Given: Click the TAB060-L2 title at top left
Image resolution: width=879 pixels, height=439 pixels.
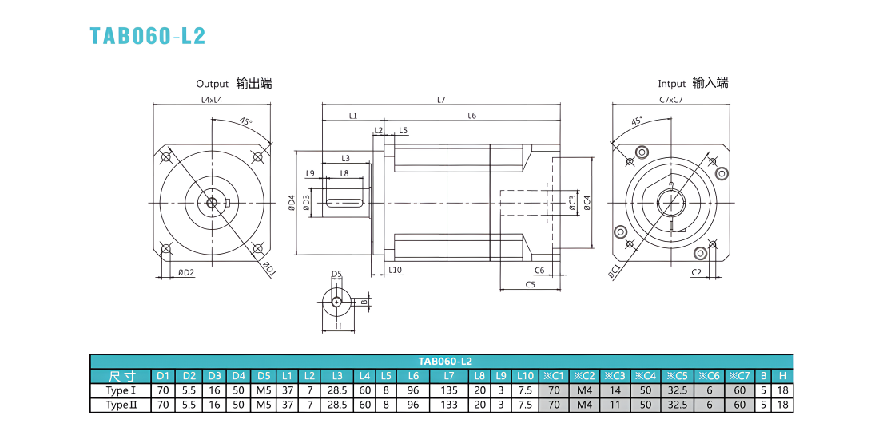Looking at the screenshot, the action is [148, 35].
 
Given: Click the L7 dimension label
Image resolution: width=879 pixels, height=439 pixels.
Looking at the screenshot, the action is [441, 100].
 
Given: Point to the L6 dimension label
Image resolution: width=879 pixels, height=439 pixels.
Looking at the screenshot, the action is [471, 116].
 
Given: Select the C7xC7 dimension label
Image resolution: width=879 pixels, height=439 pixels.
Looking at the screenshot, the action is [670, 100].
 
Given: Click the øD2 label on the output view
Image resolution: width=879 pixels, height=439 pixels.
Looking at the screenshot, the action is [186, 272].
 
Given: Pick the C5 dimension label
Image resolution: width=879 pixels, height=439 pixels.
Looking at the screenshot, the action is [531, 284].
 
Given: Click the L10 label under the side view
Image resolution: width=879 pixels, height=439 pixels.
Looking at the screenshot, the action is [396, 270].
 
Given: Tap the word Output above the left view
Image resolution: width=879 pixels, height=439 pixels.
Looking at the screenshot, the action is [212, 84].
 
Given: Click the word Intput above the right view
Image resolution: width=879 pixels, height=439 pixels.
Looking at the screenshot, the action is [671, 84].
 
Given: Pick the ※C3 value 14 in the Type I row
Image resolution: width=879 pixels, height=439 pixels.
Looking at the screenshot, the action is [615, 390].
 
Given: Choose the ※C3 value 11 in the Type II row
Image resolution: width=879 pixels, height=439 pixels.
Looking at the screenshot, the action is [615, 405].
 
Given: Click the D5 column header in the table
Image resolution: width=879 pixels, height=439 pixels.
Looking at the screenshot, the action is [264, 376].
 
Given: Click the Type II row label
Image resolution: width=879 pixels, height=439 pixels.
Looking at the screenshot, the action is [121, 405].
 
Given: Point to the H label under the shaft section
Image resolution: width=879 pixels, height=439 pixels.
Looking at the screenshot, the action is [338, 326].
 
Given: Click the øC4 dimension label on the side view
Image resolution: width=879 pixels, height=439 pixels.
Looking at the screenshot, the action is [586, 203].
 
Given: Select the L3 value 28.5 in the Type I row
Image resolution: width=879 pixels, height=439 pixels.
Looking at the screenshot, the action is [337, 390].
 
